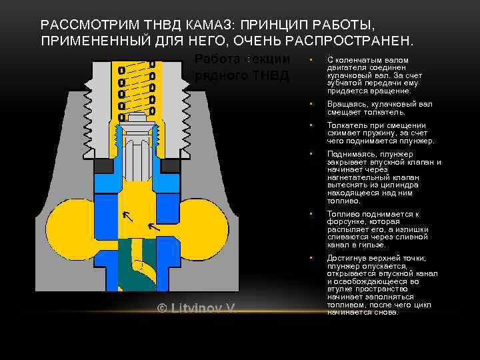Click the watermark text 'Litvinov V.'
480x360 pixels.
point(203,309)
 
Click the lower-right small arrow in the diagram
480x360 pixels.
point(153,227)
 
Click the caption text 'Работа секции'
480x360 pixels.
point(242,59)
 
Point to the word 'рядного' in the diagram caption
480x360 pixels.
point(219,75)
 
